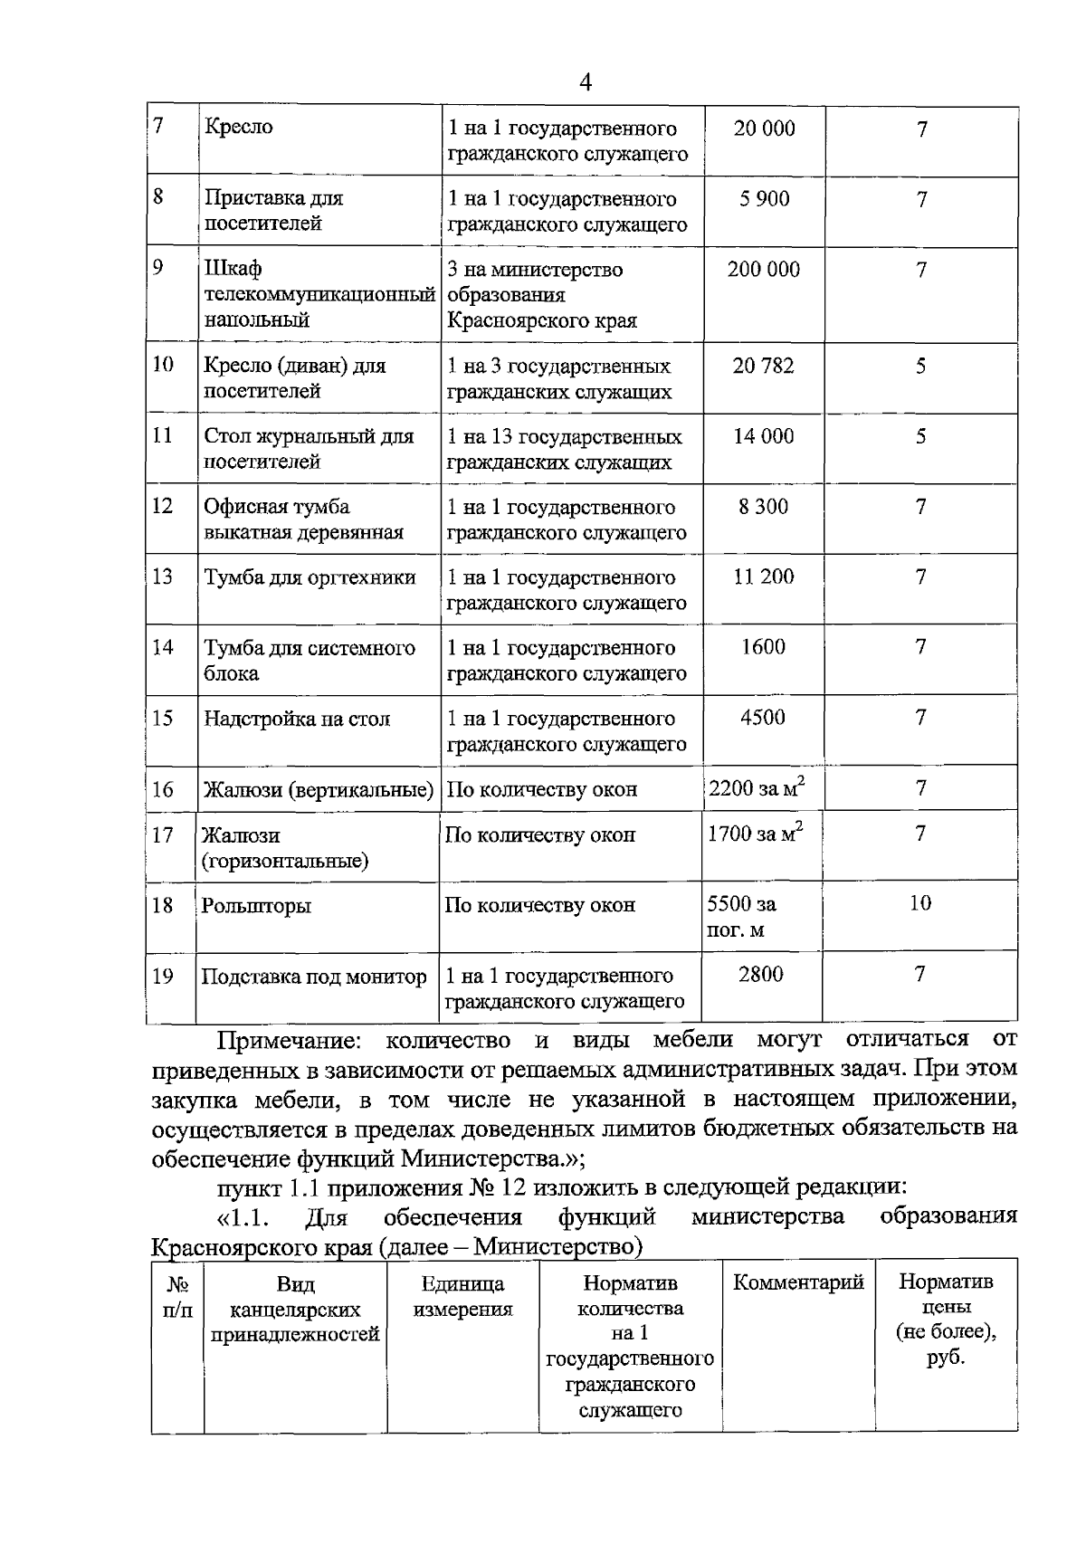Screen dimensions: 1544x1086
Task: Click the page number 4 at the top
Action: [585, 83]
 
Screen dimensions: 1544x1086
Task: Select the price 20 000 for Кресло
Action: [764, 129]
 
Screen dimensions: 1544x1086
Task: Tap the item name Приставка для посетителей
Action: [273, 210]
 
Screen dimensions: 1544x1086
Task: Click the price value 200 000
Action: [764, 270]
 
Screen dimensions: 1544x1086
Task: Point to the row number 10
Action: [163, 365]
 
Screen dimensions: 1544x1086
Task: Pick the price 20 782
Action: [764, 366]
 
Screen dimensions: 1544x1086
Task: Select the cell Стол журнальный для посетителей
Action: [308, 449]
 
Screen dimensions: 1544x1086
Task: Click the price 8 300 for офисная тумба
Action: [763, 507]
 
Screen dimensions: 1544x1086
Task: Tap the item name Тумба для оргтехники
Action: [310, 577]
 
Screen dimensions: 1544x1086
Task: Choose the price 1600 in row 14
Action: [763, 647]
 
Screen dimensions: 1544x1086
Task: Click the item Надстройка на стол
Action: [297, 719]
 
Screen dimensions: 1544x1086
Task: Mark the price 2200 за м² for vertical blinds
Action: [756, 787]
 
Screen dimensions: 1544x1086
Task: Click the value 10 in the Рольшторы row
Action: [919, 903]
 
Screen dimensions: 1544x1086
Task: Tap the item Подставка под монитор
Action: [313, 977]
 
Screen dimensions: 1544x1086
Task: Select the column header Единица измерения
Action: [462, 1296]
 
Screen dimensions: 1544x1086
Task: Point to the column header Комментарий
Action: [797, 1282]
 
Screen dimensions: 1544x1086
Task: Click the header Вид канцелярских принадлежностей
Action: [295, 1309]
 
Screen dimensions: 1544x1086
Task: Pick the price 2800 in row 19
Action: [760, 975]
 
